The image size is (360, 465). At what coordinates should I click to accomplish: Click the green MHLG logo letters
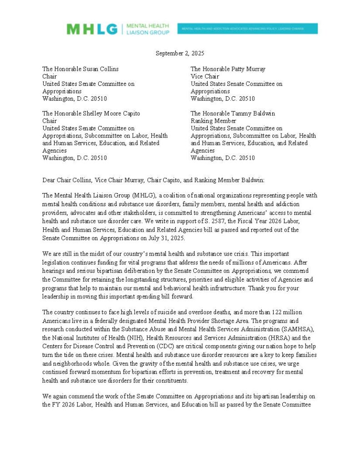pyautogui.click(x=92, y=29)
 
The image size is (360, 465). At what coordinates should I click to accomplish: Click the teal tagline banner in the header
pyautogui.click(x=247, y=29)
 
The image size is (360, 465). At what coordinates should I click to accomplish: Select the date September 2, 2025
pyautogui.click(x=180, y=53)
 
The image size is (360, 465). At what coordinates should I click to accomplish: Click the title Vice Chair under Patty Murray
pyautogui.click(x=205, y=76)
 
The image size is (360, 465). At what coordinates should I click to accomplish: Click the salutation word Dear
pyautogui.click(x=49, y=180)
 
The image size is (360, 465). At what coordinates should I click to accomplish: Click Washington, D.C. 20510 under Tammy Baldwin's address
pyautogui.click(x=223, y=158)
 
